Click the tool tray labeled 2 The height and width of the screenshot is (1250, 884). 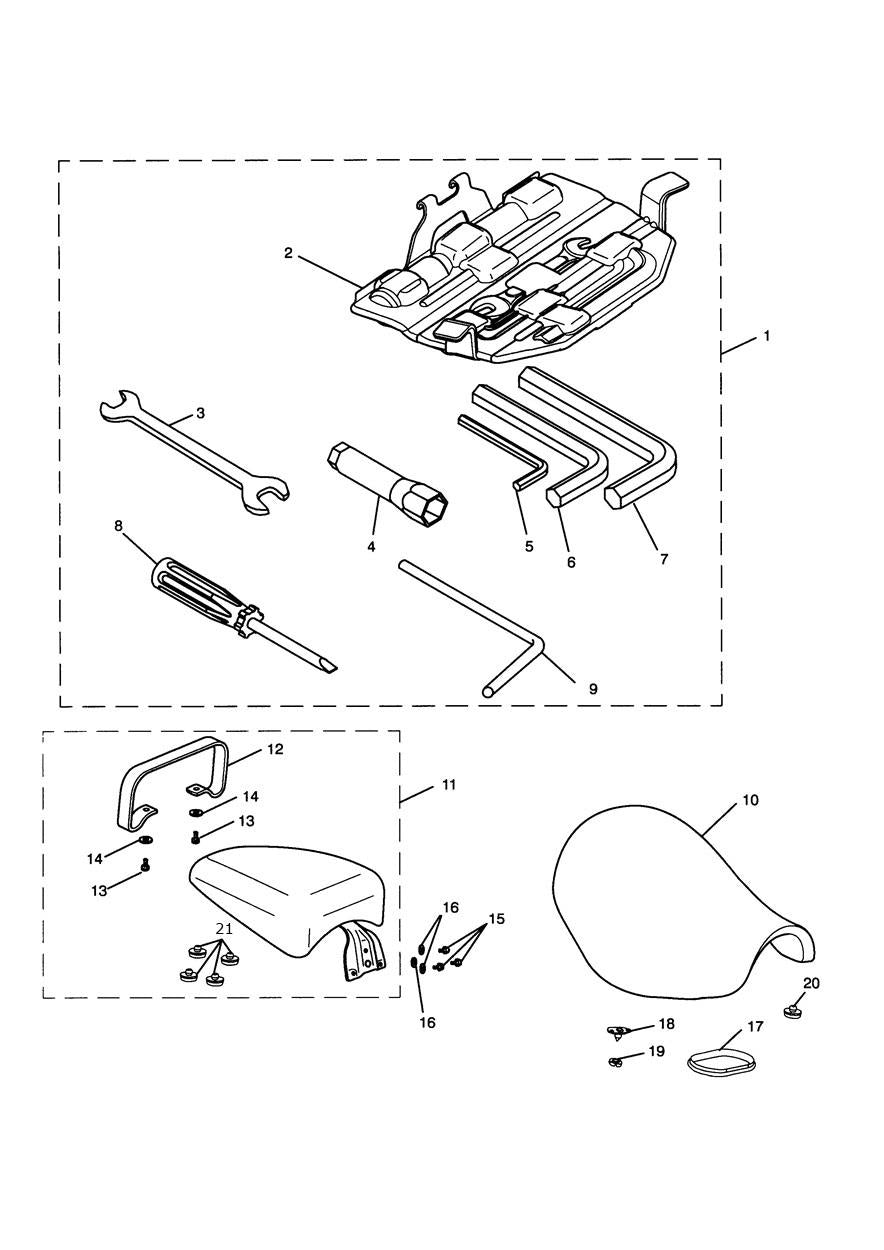coord(510,270)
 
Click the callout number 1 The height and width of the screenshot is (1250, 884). coord(767,336)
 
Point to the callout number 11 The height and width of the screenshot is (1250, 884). coord(448,785)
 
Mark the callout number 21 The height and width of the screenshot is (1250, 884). coord(224,929)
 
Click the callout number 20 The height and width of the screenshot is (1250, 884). coord(811,984)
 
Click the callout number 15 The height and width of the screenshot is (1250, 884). coord(497,919)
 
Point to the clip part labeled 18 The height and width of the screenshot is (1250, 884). coord(621,1030)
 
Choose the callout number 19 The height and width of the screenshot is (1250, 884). coord(656,1051)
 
